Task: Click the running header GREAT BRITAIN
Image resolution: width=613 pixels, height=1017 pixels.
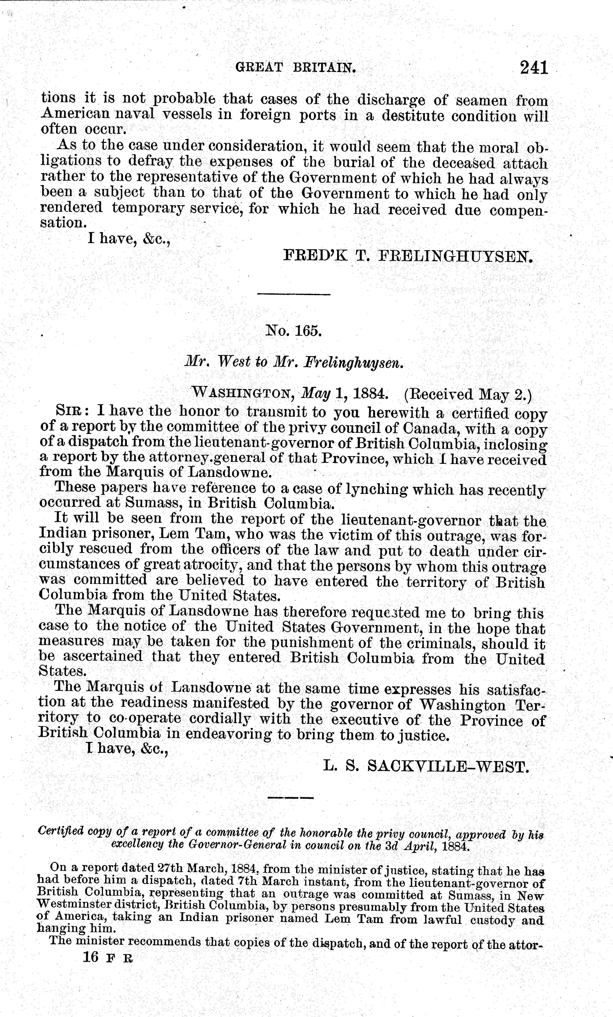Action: click(x=295, y=67)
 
